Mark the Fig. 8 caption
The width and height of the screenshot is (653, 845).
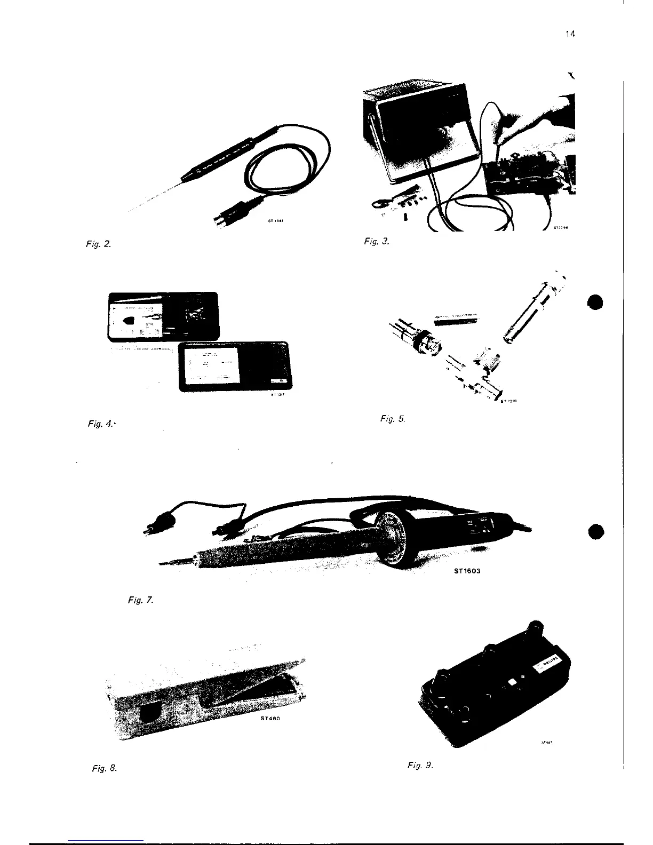pos(104,769)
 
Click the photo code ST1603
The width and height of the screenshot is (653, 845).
pos(464,570)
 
